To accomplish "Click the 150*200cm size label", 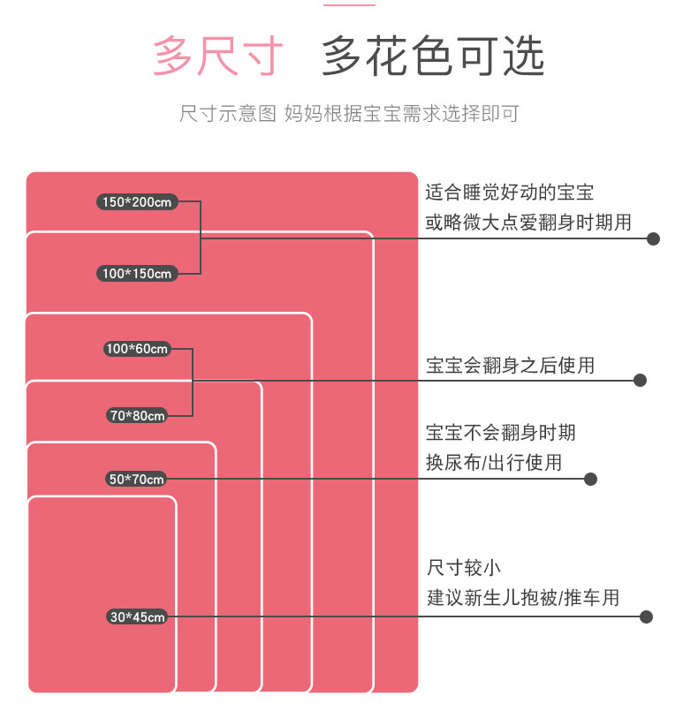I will coord(137,202).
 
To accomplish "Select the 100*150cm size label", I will coord(137,274).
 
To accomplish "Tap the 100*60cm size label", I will coord(137,349).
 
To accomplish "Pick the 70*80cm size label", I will coord(137,415).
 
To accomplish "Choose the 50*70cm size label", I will coord(136,479).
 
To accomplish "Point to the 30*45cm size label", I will coord(137,617).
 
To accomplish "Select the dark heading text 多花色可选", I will coord(432,57).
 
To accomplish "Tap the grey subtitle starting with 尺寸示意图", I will coord(349,114).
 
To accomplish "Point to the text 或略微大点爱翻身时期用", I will coord(528,222).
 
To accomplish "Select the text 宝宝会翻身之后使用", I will coord(511,365).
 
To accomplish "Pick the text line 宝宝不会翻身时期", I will coord(501,432).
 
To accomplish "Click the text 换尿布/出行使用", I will coord(494,462).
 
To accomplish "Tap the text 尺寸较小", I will coord(464,567).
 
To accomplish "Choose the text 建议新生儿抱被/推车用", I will coord(523,598).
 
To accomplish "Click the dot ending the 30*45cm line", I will coord(646,617).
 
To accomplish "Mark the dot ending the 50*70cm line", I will coord(591,479).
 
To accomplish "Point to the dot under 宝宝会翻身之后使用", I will coord(641,380).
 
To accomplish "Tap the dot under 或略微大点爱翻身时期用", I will coord(654,238).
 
